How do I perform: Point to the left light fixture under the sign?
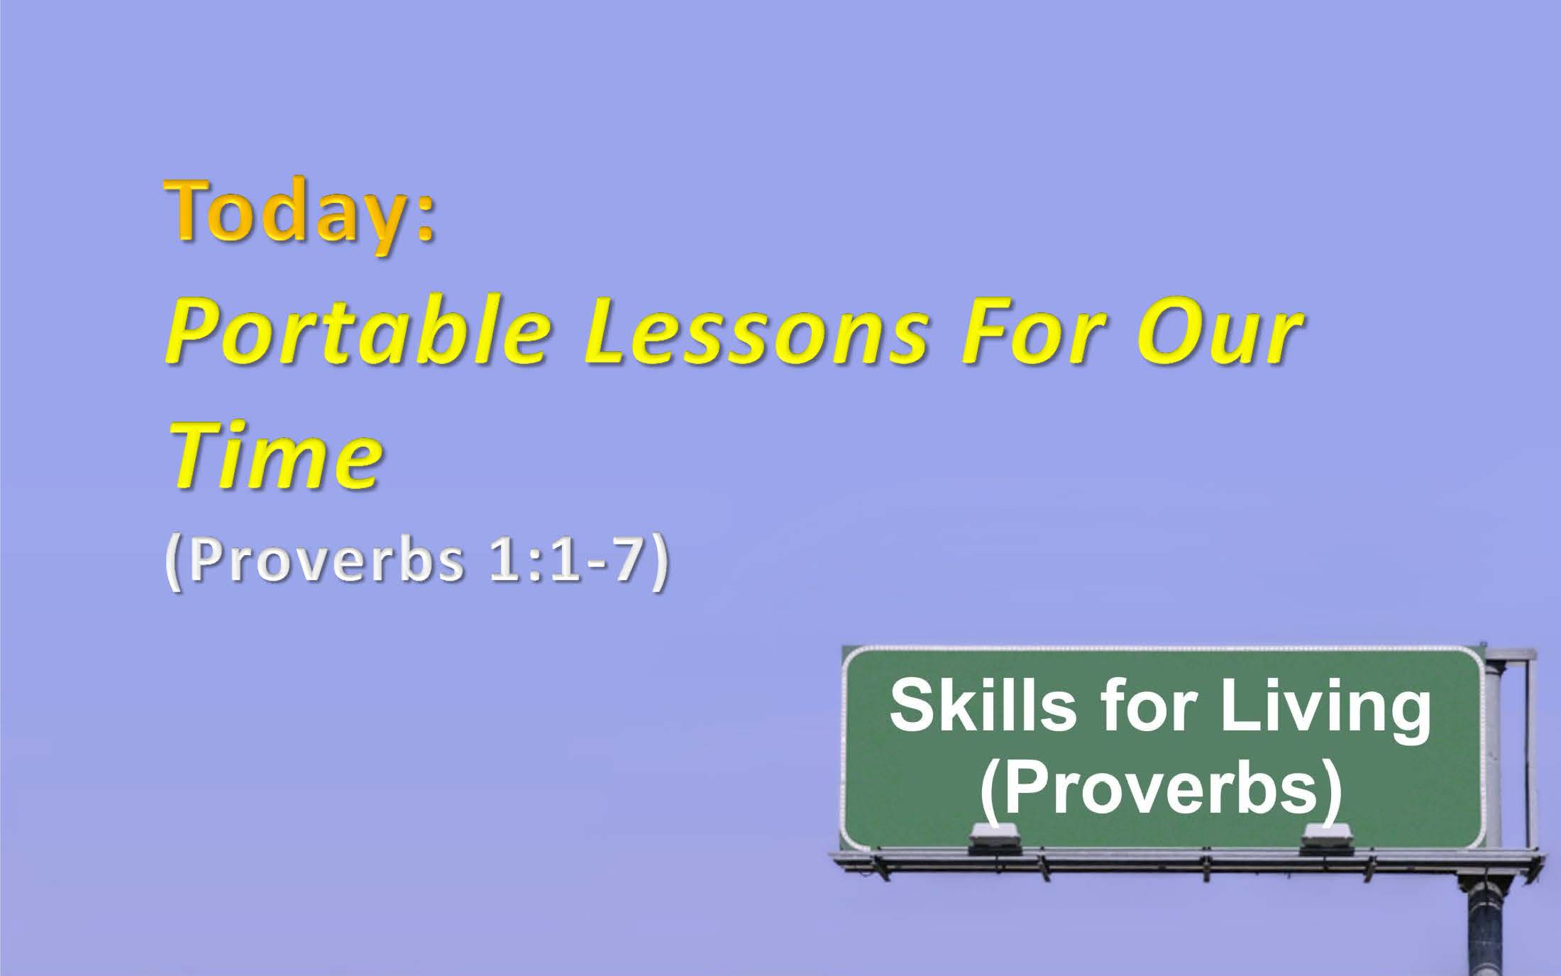(x=995, y=839)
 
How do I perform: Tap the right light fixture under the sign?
(x=1326, y=839)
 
